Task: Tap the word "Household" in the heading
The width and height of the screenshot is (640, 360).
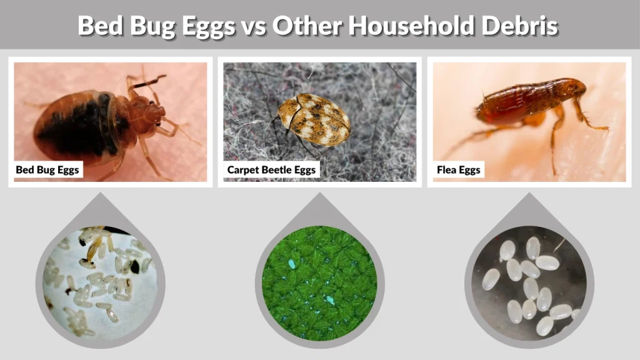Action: pos(407,26)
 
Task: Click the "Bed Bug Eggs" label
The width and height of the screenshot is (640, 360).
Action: pos(48,169)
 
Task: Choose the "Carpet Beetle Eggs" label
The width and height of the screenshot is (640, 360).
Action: pos(271,169)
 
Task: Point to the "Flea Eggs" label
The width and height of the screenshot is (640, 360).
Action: pos(459,169)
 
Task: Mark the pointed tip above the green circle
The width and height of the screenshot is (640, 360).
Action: pos(319,195)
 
